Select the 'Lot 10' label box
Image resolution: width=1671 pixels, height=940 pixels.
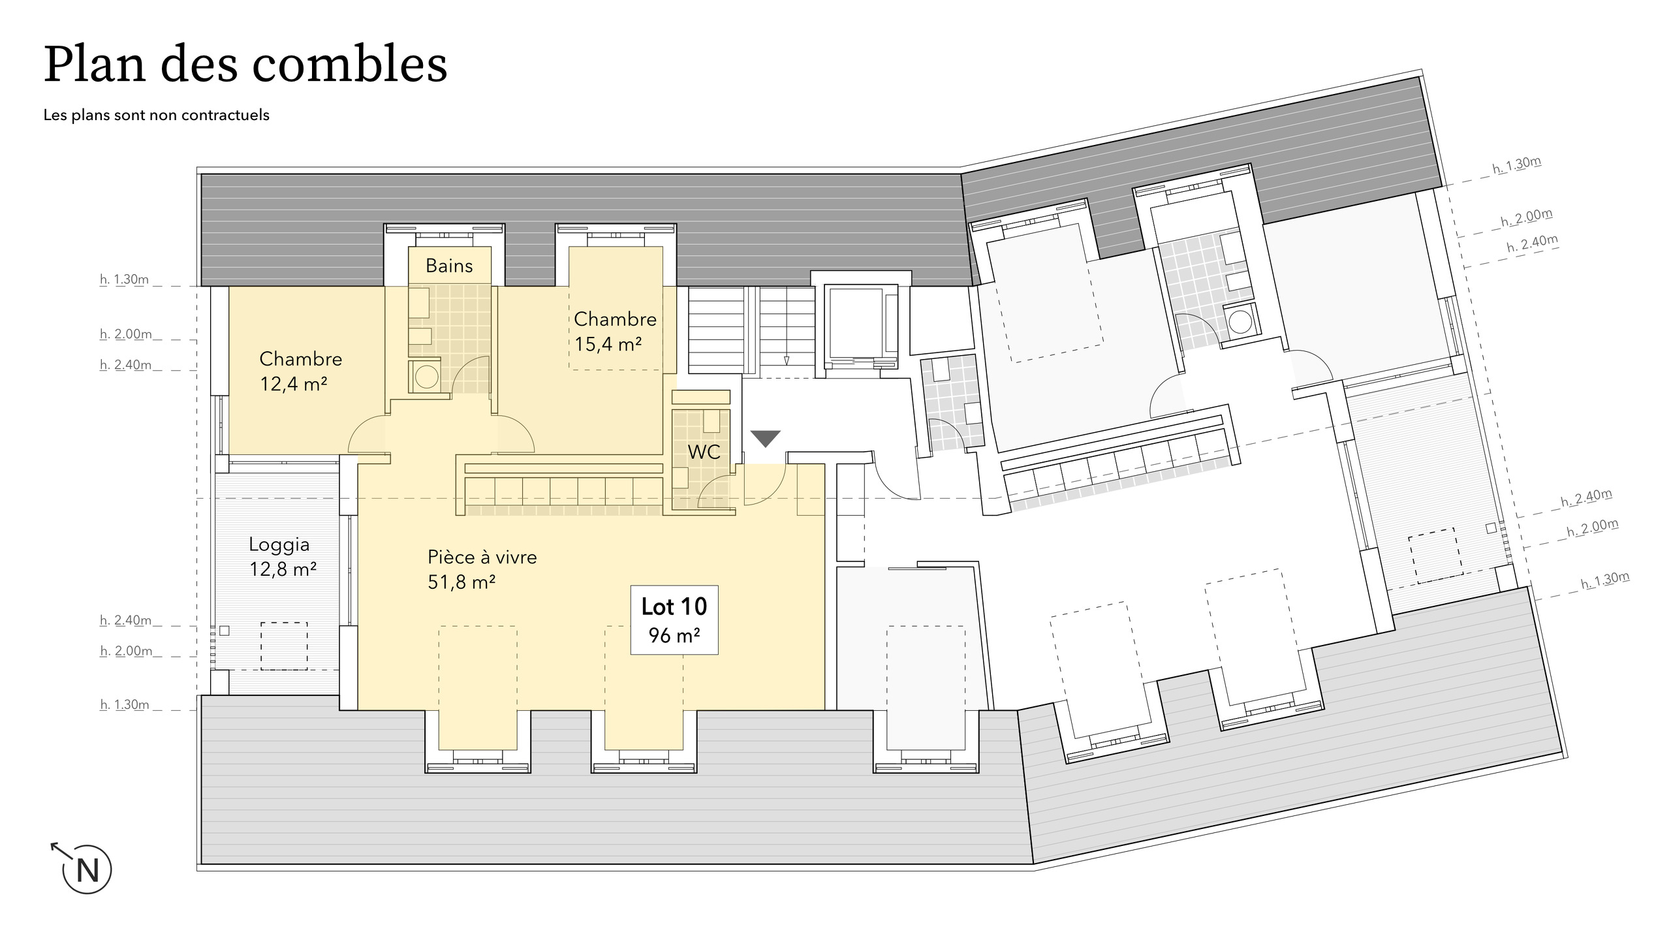pos(674,619)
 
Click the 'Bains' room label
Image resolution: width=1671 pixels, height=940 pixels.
pos(449,266)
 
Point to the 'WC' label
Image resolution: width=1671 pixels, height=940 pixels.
pos(704,452)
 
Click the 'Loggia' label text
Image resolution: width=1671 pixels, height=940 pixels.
pos(279,545)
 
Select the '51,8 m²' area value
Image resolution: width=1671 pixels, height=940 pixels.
pos(461,582)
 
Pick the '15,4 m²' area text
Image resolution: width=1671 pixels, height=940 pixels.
pos(608,344)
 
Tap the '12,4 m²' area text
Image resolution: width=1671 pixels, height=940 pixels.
pos(294,384)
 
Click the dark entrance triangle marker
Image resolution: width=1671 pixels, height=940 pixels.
pos(765,437)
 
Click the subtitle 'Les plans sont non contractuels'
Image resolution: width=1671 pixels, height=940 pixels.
pos(157,116)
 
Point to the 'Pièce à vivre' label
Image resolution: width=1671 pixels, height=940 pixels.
pos(482,557)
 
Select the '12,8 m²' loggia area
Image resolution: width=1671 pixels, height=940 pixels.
pos(283,569)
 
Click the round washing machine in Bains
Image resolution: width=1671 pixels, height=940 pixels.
pos(426,377)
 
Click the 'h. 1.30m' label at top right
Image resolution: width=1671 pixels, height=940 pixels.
pos(1517,165)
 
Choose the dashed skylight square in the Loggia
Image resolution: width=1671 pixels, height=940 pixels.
pos(284,646)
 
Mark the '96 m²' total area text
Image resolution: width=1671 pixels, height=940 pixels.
pos(674,634)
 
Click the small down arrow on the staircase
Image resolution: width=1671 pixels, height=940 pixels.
pos(787,360)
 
